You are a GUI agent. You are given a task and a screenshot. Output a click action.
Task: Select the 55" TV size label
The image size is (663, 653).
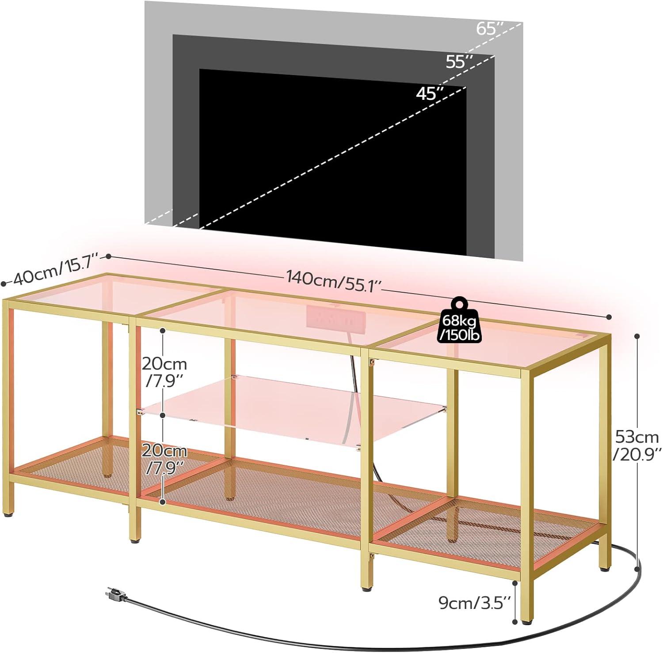460,62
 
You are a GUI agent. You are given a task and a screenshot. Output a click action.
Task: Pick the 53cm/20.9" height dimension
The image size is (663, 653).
637,445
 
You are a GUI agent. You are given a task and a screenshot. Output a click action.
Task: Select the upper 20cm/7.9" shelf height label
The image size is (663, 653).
164,371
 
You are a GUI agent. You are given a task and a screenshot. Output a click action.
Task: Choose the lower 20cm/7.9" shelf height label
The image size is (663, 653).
164,458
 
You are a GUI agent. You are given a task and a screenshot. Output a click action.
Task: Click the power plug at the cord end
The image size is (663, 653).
114,596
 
